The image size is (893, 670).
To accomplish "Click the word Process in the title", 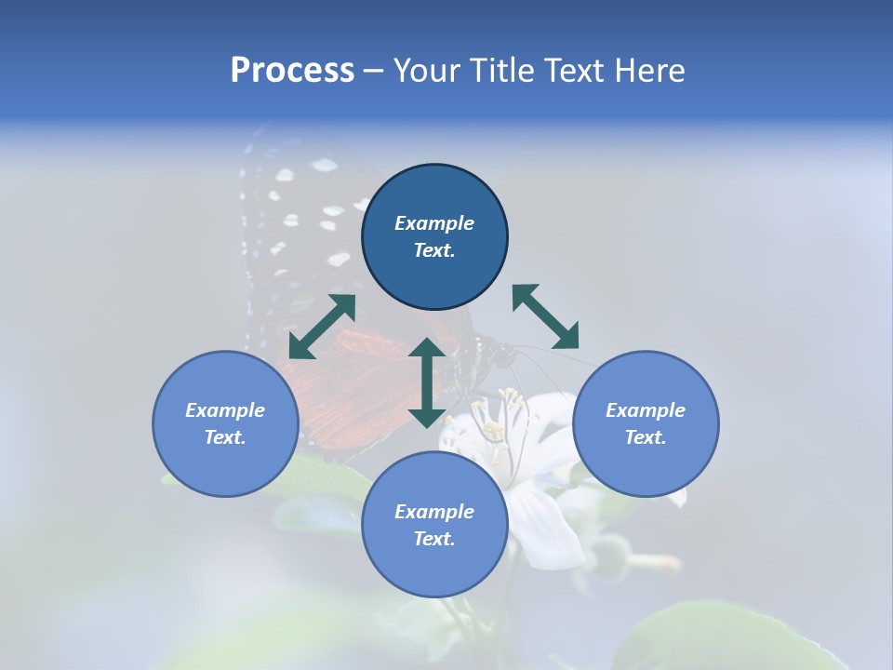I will tap(292, 71).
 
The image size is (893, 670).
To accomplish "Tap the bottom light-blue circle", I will tap(434, 568).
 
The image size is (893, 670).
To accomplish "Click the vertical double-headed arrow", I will tap(427, 382).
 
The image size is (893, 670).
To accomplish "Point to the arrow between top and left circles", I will tap(322, 327).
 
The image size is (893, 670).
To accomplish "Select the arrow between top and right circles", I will tap(545, 316).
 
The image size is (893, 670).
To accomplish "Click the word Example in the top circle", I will tap(434, 223).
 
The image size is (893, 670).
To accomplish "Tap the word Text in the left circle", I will tap(225, 437).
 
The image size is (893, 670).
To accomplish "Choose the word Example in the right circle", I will tap(646, 410).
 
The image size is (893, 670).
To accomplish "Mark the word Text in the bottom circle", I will tap(434, 539).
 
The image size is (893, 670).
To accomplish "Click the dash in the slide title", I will tap(373, 71).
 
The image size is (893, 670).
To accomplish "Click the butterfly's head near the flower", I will tap(502, 355).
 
